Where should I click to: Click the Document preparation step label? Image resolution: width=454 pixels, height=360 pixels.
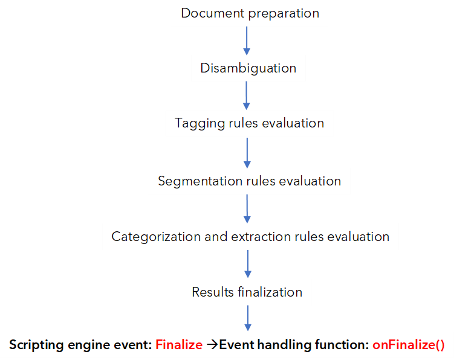(x=250, y=13)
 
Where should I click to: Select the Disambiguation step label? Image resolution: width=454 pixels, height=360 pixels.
(x=248, y=69)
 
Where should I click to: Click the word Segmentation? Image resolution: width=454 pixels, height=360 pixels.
(x=200, y=182)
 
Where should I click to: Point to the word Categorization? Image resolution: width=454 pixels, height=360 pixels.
(x=156, y=237)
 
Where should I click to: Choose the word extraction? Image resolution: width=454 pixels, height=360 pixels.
(x=261, y=237)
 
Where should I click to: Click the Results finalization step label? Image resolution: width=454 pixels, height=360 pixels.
(x=247, y=292)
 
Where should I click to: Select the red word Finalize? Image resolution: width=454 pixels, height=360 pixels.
(x=179, y=345)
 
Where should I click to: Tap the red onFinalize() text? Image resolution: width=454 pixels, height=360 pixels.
(x=408, y=345)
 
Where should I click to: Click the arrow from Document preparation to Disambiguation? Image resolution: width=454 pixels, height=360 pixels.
(x=247, y=41)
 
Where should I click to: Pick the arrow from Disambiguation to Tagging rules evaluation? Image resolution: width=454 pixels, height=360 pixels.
(x=247, y=95)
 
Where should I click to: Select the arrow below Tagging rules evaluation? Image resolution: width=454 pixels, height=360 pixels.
(x=247, y=153)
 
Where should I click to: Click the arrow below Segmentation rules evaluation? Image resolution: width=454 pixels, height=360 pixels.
(x=247, y=208)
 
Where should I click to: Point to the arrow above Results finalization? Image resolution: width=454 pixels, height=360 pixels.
(x=248, y=264)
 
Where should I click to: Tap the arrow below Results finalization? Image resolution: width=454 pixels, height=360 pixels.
(x=248, y=318)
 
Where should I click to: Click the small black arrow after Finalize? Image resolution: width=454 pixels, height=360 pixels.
(x=212, y=345)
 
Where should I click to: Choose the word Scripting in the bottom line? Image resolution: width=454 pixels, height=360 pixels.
(x=36, y=346)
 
